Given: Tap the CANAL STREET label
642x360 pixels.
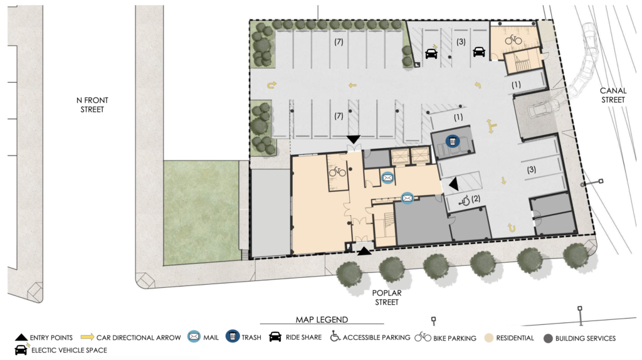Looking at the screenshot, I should coord(613,95).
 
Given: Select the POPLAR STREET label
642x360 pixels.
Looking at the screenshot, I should coord(387,297).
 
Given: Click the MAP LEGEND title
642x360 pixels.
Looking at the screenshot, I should coord(322,320).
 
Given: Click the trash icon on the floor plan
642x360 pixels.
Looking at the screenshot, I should coord(451,142).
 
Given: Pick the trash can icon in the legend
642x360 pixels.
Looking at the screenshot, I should coord(233,338).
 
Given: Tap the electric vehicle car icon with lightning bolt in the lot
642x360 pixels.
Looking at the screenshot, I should coord(431,53).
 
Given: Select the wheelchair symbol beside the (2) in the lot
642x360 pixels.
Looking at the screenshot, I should coord(465,200).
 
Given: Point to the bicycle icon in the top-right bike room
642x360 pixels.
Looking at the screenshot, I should coord(513,39).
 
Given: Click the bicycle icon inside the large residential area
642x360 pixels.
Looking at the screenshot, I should coord(337,171).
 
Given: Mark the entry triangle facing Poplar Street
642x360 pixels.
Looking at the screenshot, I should coord(364,251).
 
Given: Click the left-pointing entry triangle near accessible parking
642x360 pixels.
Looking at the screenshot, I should coord(453,183).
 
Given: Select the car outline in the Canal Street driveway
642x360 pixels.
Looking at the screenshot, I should coord(541,111).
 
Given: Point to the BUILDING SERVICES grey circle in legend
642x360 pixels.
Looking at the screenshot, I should coord(549,338).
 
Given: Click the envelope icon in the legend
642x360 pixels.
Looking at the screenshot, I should coord(194,338).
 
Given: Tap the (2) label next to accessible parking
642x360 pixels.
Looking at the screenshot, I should coord(476,199).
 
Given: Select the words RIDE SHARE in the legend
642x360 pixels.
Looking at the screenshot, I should coord(303,338).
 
